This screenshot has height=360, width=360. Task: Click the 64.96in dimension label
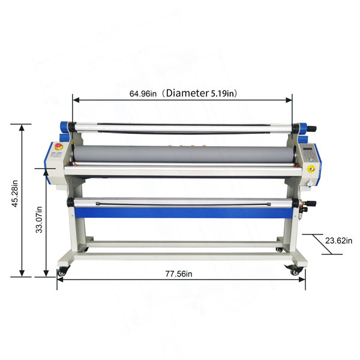tap(143, 94)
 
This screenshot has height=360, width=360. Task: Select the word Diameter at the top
tap(187, 93)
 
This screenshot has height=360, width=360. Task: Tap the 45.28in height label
tap(14, 194)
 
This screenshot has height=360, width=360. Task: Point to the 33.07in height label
tap(39, 220)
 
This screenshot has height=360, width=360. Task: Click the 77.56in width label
tap(179, 274)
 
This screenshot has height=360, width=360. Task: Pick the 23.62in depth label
tap(338, 241)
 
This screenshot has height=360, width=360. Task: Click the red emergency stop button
tap(58, 146)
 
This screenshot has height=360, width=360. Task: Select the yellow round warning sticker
tap(311, 169)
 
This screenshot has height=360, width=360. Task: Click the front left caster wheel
tap(62, 272)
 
